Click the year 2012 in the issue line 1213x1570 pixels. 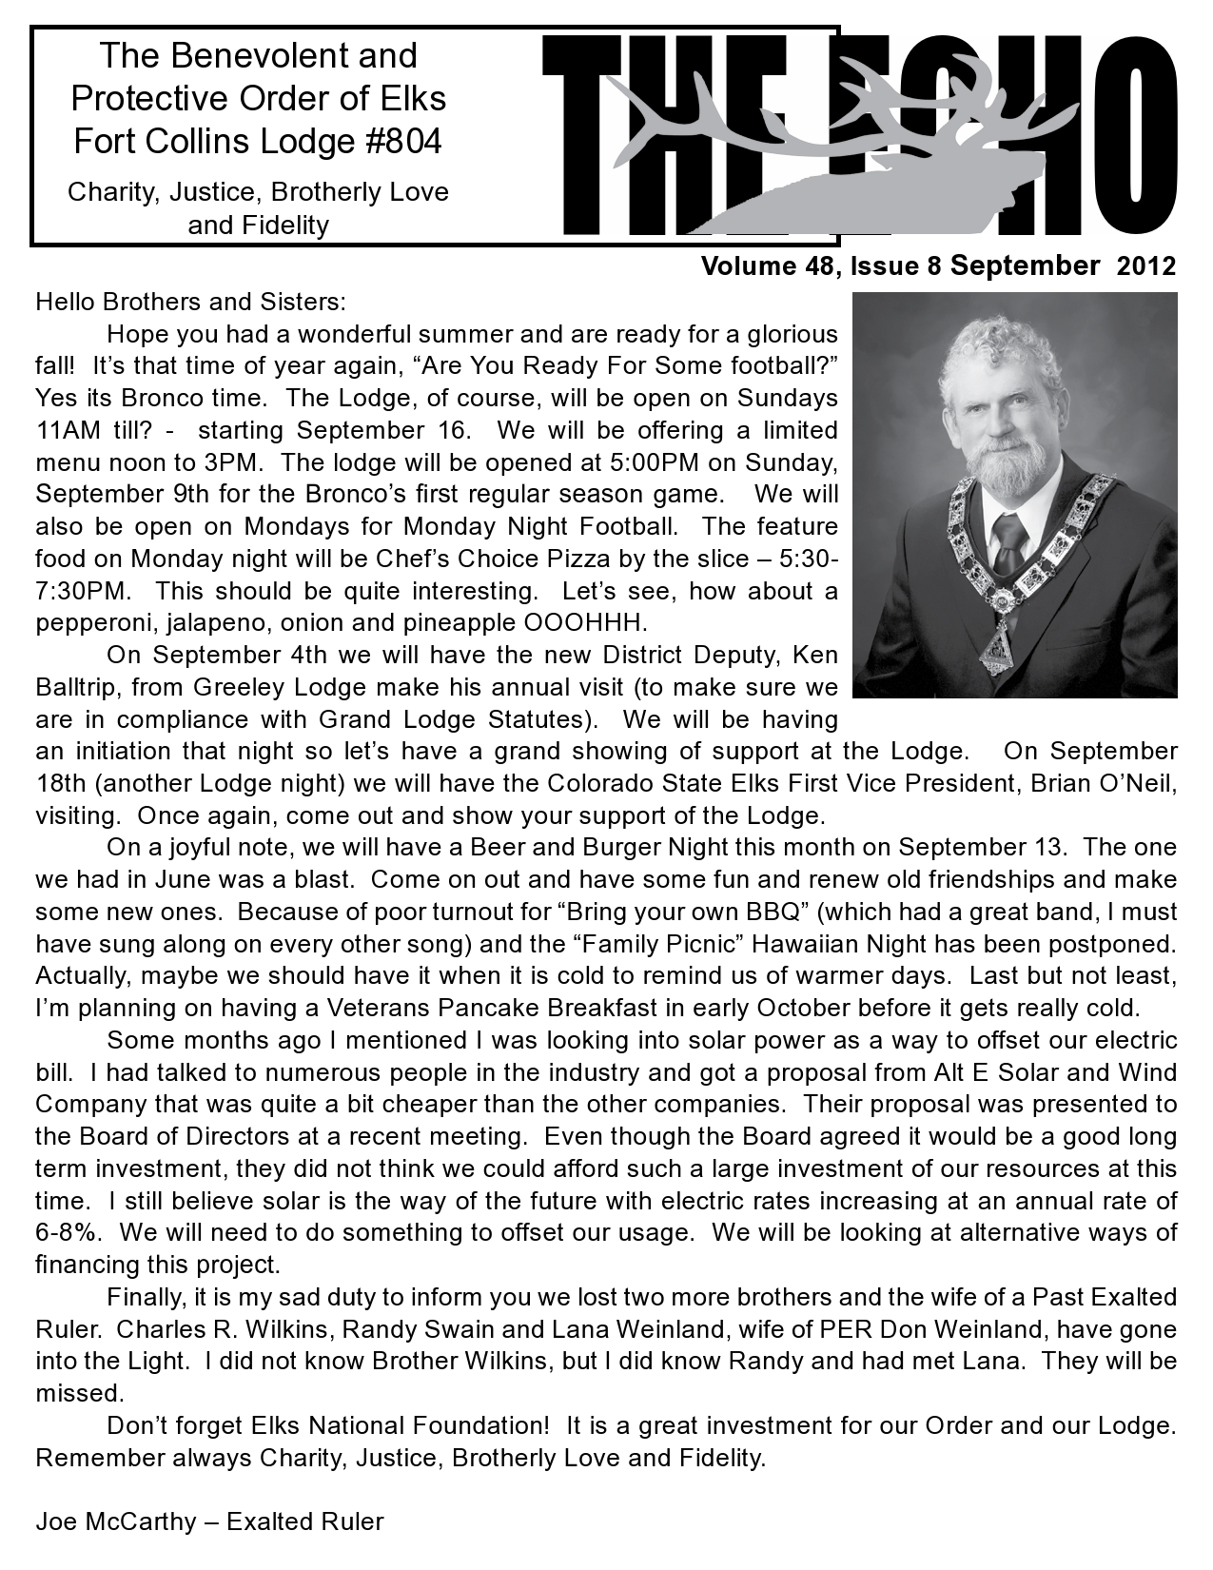pyautogui.click(x=1146, y=266)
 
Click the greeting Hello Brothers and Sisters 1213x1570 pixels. pyautogui.click(x=191, y=303)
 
